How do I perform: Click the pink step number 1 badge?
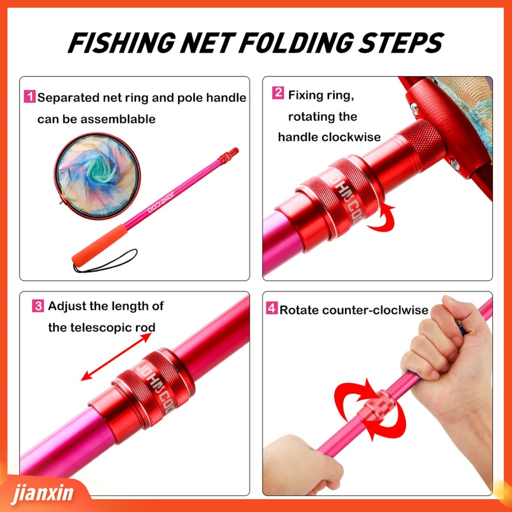30,97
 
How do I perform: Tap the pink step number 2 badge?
278,93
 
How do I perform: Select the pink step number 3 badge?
38,305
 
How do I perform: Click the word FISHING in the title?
121,43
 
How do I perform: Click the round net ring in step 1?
97,175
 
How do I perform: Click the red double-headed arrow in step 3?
116,356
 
